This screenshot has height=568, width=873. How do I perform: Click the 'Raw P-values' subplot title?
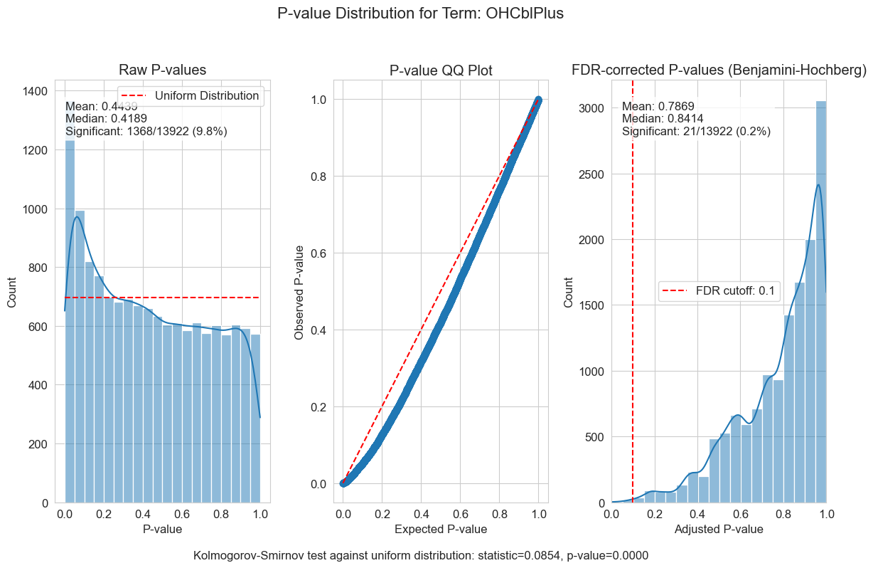(162, 70)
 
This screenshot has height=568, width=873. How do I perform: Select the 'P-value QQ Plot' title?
(441, 70)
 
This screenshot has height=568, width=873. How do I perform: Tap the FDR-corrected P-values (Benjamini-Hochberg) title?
(719, 70)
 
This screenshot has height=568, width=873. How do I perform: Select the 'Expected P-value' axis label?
(441, 529)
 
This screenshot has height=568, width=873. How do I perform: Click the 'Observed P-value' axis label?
(299, 292)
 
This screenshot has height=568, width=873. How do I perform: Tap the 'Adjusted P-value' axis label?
(719, 529)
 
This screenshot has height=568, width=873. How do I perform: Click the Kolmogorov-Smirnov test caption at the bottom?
(421, 555)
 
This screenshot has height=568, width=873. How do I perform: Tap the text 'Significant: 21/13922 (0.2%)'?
(696, 131)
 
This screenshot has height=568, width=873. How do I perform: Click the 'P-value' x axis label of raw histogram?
(162, 529)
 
